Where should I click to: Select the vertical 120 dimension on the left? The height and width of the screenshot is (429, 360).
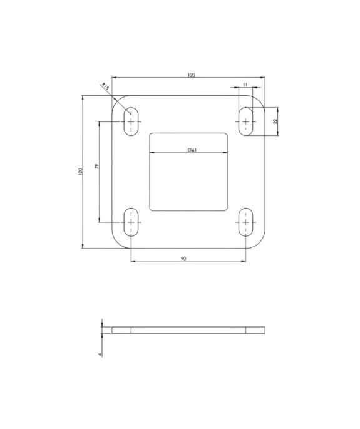point(80,172)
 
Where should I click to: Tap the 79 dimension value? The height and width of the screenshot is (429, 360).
point(96,167)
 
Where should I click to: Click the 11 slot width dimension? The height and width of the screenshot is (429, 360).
point(245,84)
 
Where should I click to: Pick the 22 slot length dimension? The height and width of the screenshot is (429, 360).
point(275,121)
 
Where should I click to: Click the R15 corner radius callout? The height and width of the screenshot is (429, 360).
point(105,88)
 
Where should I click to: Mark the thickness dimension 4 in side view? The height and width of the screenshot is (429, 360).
point(100,354)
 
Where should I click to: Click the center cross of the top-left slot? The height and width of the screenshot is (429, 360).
point(131,121)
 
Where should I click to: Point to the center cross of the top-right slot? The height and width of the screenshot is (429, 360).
point(245,121)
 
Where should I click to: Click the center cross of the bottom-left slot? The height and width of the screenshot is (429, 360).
point(131,222)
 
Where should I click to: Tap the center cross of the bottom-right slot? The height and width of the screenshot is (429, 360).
point(245,222)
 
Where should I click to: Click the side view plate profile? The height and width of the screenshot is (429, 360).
point(188,330)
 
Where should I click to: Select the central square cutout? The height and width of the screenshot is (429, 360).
point(188,182)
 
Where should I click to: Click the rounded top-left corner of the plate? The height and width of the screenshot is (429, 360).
point(116,101)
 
